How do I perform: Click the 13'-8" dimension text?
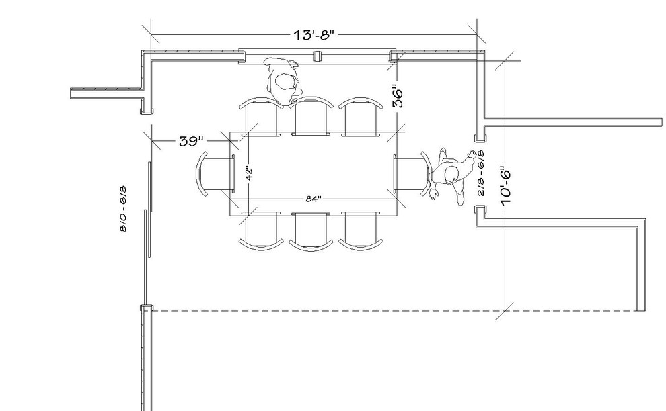[314, 34]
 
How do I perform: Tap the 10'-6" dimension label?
[505, 185]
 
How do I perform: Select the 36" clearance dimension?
[397, 97]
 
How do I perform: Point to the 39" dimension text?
[191, 141]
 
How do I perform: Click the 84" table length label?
[313, 199]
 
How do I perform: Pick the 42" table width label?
[249, 173]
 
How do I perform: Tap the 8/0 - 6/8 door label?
[123, 209]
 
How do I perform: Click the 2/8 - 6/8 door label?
[481, 173]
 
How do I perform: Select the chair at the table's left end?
[215, 174]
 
